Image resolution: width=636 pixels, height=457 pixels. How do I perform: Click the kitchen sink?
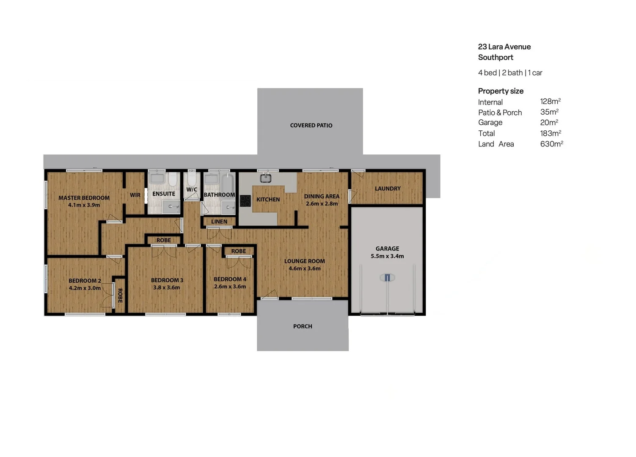[265, 178]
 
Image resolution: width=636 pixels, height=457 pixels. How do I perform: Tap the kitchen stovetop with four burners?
[245, 201]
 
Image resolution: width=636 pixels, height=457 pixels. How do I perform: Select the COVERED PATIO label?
[311, 125]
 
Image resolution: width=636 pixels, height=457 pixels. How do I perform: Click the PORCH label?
[303, 326]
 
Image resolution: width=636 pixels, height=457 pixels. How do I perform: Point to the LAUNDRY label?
[388, 188]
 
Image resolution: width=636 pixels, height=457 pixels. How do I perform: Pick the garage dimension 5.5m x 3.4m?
[387, 256]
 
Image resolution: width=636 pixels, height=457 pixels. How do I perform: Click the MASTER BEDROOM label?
[84, 198]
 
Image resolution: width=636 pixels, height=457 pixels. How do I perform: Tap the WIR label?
[135, 195]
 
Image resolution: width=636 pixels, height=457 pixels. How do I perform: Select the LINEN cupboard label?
[219, 221]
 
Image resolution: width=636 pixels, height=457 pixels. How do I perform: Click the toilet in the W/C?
[192, 178]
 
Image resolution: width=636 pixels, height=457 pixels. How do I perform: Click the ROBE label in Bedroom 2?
[120, 295]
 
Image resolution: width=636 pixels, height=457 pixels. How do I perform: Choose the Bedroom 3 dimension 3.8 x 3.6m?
[167, 287]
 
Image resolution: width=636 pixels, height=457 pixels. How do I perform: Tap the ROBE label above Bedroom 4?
[239, 251]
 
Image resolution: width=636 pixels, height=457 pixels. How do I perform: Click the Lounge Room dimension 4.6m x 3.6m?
[305, 268]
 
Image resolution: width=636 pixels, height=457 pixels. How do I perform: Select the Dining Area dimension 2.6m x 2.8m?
[322, 204]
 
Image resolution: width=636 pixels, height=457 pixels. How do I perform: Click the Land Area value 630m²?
[551, 144]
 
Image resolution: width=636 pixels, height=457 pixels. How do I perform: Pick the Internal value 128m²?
[550, 102]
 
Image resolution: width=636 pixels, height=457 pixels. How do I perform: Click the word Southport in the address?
[496, 57]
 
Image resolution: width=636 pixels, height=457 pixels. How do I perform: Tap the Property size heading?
[501, 91]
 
